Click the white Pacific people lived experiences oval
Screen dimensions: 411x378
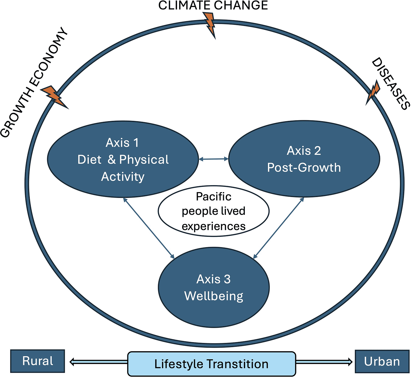[214, 211]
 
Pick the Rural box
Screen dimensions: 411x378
[37, 361]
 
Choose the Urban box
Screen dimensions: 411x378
[382, 361]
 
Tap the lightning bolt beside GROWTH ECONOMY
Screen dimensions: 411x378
[54, 97]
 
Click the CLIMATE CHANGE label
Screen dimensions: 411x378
[213, 5]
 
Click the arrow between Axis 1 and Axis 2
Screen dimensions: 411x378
[214, 159]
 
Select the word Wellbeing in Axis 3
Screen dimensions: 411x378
[214, 296]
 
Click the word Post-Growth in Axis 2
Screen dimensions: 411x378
[304, 168]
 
